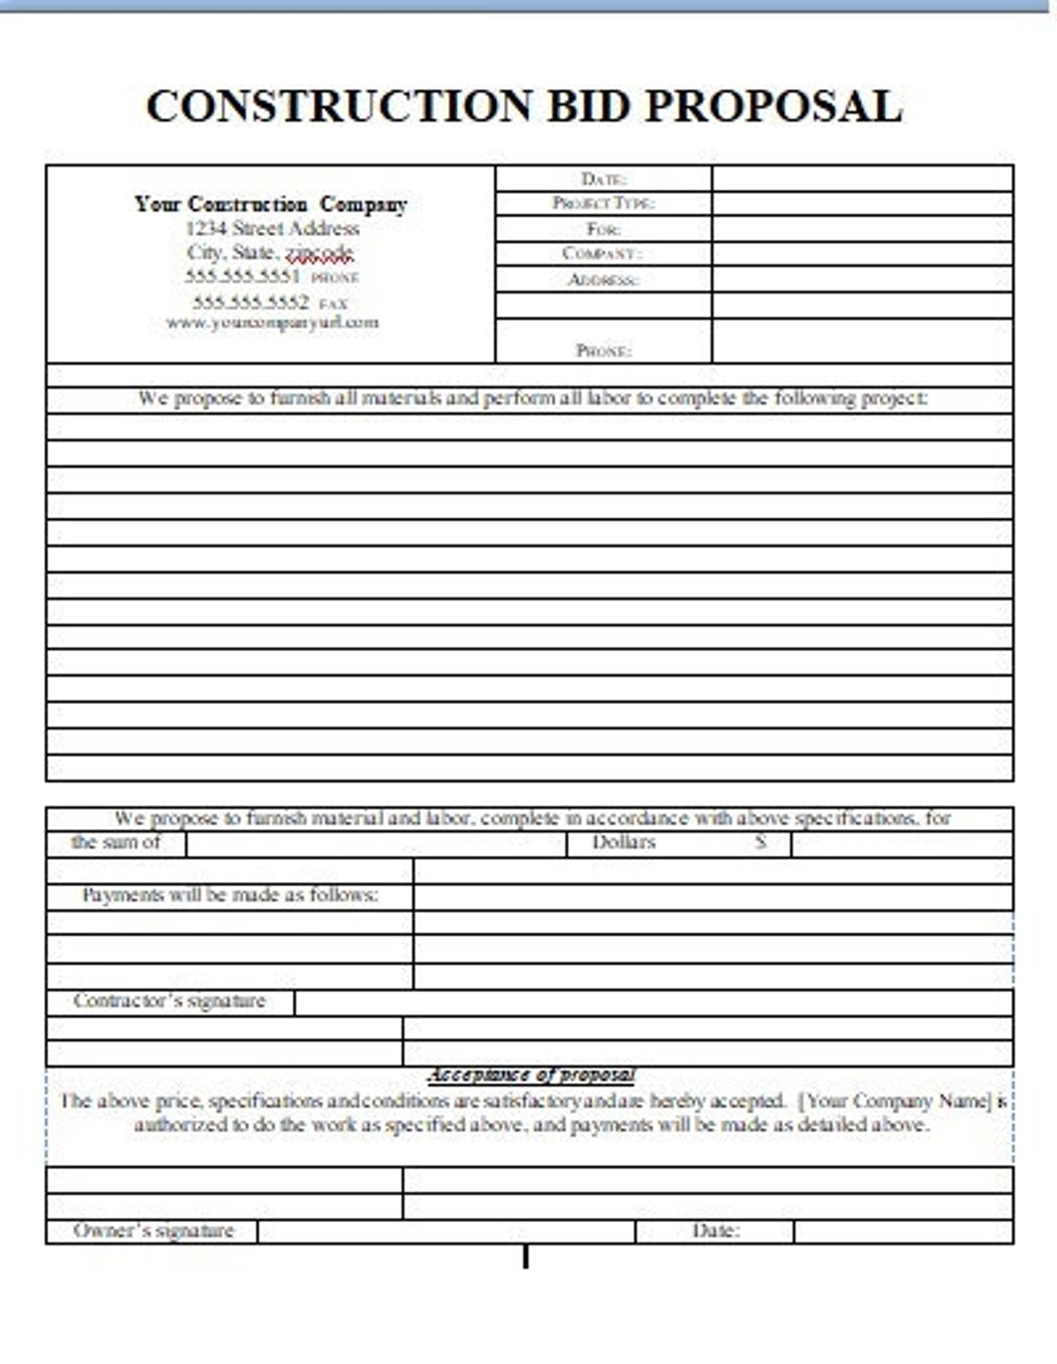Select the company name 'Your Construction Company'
pos(270,204)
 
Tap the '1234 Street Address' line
pos(272,228)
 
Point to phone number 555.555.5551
pos(242,276)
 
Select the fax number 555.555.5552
pos(251,302)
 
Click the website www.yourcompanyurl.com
pos(272,322)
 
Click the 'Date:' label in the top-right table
pos(603,178)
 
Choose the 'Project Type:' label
pos(603,203)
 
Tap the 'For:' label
pos(603,229)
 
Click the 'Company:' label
pos(602,254)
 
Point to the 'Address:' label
pos(603,279)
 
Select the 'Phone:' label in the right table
pos(603,350)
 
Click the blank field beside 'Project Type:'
pos(861,203)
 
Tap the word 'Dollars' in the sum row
pos(623,842)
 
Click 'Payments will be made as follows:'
pos(230,895)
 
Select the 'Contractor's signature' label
pos(169,1001)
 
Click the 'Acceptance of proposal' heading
pos(531,1074)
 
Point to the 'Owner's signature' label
pos(154,1230)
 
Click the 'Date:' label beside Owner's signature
pos(715,1230)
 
